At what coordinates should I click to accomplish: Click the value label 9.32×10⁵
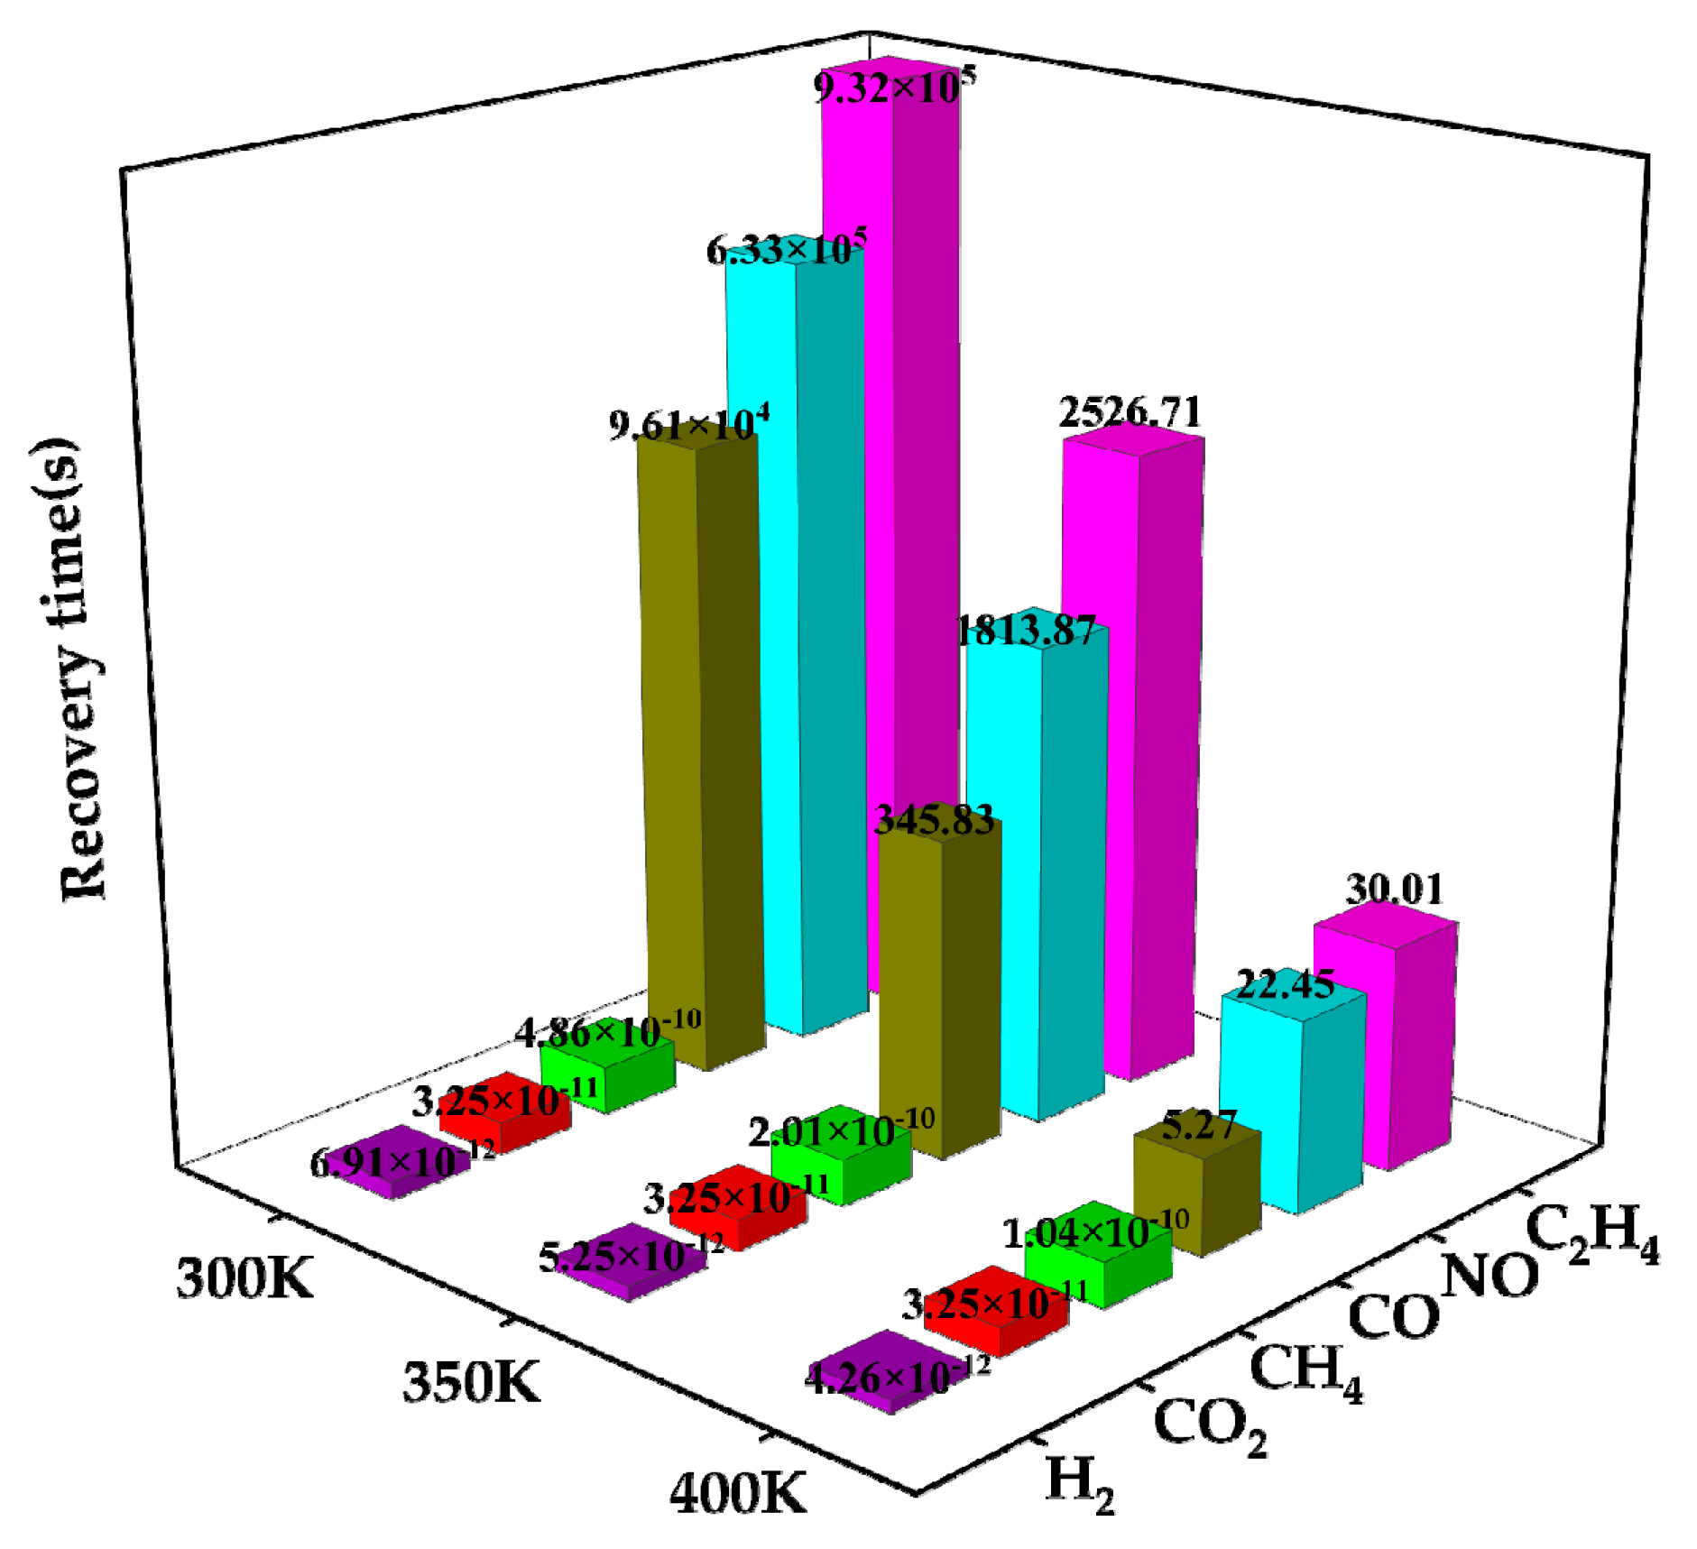[893, 88]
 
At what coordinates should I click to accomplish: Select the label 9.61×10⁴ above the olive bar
[688, 424]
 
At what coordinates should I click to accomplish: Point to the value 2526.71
[1130, 412]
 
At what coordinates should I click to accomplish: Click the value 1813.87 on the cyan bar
[1026, 630]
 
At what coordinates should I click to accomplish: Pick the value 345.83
[935, 819]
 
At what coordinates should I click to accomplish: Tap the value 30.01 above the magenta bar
[1394, 889]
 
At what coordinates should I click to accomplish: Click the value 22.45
[1284, 983]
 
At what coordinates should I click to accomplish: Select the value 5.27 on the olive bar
[1197, 1125]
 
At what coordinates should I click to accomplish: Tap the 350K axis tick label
[470, 1381]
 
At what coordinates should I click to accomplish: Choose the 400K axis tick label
[737, 1493]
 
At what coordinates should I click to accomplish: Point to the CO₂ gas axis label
[1209, 1426]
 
